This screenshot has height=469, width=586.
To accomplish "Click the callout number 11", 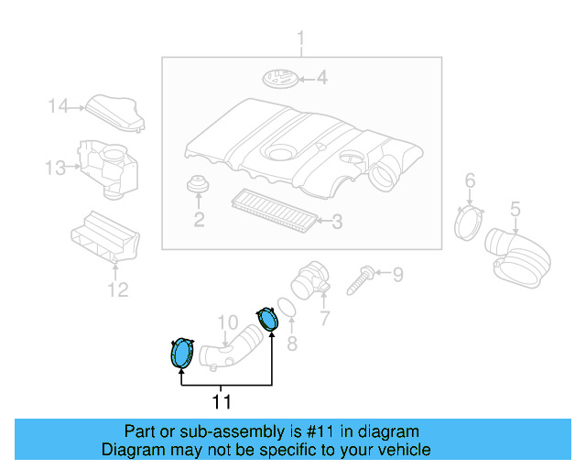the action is (222, 402).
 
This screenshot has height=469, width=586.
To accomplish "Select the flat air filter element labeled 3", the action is (274, 211).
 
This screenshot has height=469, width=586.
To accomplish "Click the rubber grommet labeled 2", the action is (198, 183).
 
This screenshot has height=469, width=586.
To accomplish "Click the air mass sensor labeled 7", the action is (309, 281).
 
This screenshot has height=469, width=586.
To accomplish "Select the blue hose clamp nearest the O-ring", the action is (267, 319).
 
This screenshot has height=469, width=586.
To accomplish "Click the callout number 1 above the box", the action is (300, 40).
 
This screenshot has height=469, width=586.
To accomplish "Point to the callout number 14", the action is (58, 106).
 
